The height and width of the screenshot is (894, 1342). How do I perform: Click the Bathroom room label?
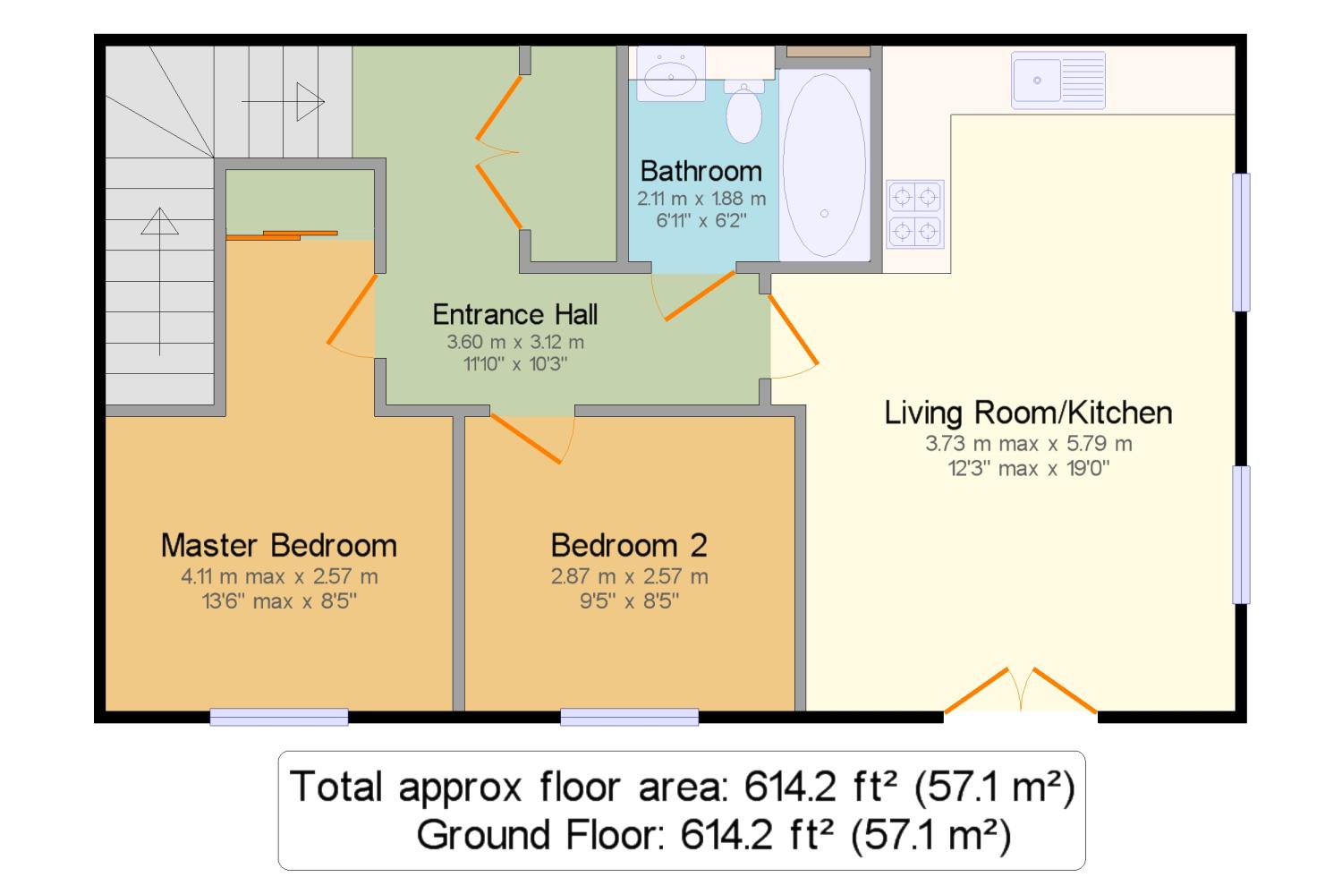(x=701, y=171)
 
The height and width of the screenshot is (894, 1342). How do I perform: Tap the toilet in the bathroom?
(x=744, y=112)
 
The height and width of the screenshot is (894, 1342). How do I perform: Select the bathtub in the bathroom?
(x=824, y=165)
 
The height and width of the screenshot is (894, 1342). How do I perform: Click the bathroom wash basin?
(x=670, y=73)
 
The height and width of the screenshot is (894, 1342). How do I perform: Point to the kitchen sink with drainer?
(x=1058, y=81)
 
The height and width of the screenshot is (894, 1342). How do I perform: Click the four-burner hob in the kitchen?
(x=915, y=214)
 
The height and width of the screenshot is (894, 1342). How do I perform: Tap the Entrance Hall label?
(x=515, y=315)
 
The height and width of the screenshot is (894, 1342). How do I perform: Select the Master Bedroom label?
(x=279, y=545)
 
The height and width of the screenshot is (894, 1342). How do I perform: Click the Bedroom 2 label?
(x=629, y=545)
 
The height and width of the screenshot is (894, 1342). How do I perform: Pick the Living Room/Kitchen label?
(x=1028, y=413)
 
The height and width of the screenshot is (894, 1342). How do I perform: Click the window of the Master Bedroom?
(x=279, y=717)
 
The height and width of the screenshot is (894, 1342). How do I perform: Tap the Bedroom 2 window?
(x=630, y=717)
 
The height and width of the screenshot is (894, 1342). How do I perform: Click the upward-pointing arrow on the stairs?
(x=160, y=282)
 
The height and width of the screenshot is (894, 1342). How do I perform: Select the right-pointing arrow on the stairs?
(x=284, y=102)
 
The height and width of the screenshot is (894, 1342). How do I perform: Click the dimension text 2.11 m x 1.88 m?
(x=701, y=199)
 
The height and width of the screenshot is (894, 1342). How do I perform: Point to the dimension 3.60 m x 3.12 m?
(x=515, y=342)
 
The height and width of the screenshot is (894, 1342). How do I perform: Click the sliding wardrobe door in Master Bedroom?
(x=282, y=235)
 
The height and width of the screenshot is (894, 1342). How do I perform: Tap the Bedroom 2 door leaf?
(x=526, y=438)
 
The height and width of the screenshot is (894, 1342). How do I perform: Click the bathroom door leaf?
(x=700, y=295)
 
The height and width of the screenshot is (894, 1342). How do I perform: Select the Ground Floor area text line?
(x=714, y=835)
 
